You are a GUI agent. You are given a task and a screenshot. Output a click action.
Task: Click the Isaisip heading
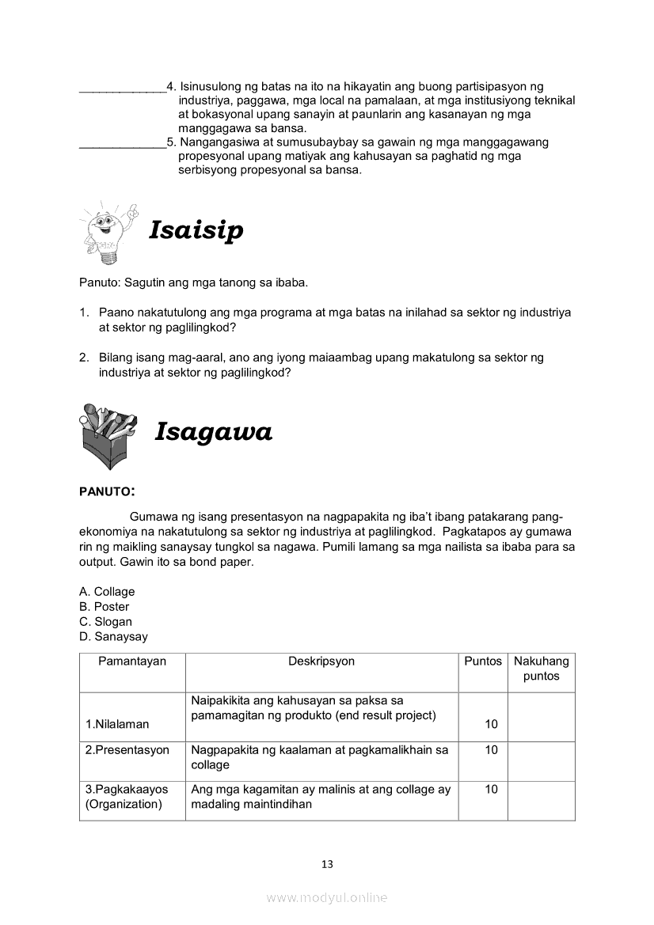tap(196, 230)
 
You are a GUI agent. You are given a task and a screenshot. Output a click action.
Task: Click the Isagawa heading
tap(213, 431)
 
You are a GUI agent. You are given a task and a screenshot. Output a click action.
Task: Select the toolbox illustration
tap(108, 435)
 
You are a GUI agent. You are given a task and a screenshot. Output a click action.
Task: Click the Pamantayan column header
tap(132, 662)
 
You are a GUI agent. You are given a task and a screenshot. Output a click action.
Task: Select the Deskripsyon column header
tap(321, 662)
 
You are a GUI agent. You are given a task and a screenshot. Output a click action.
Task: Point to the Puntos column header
tap(483, 662)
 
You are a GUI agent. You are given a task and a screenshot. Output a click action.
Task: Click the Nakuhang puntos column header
tap(541, 669)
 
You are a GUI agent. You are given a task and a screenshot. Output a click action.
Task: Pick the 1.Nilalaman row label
tap(117, 724)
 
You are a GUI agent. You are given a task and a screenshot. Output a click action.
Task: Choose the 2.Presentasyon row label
tap(127, 750)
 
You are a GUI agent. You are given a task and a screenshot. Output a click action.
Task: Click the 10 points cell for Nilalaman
tap(491, 724)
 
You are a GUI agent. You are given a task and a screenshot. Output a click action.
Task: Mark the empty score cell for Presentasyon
tap(541, 761)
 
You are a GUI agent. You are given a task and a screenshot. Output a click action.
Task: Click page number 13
tap(327, 864)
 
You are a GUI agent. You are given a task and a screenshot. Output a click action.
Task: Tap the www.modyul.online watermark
tap(327, 898)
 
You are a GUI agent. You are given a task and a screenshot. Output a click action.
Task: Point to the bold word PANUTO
tap(106, 491)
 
